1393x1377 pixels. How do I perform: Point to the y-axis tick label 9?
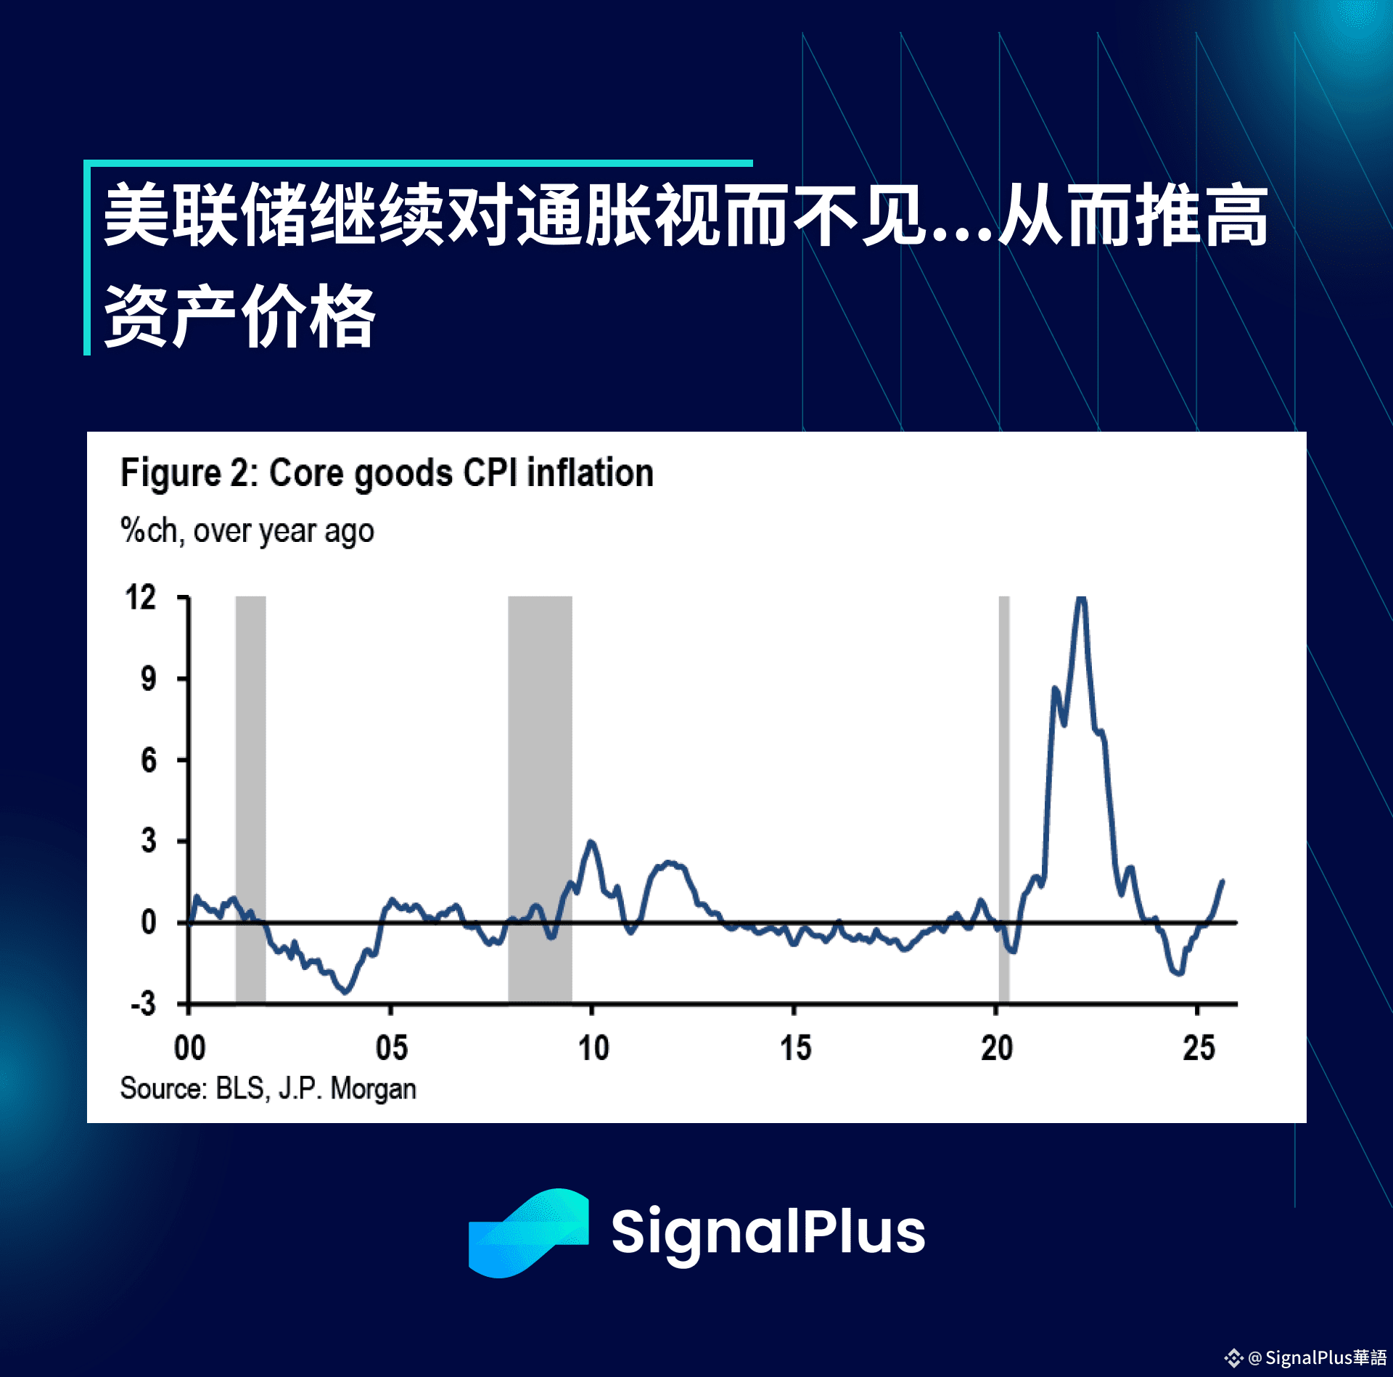click(148, 679)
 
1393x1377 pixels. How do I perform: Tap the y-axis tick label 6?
click(148, 760)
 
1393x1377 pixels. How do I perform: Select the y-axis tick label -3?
click(144, 1004)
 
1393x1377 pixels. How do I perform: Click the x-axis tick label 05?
click(391, 1048)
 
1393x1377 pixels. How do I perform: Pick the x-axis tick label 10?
click(593, 1048)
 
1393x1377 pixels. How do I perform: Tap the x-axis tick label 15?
click(795, 1048)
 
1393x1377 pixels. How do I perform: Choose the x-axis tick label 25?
click(1199, 1048)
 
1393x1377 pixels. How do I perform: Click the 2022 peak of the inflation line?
click(1081, 598)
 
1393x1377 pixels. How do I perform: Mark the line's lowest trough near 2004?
click(345, 992)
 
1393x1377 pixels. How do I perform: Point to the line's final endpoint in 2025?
click(1223, 881)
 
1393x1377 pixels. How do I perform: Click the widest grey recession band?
click(540, 800)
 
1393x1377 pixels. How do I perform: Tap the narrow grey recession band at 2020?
click(1004, 800)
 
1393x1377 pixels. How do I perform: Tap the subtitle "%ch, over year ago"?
click(247, 531)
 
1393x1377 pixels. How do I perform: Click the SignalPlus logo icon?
click(528, 1233)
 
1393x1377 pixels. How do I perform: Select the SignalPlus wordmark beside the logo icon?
click(768, 1233)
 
